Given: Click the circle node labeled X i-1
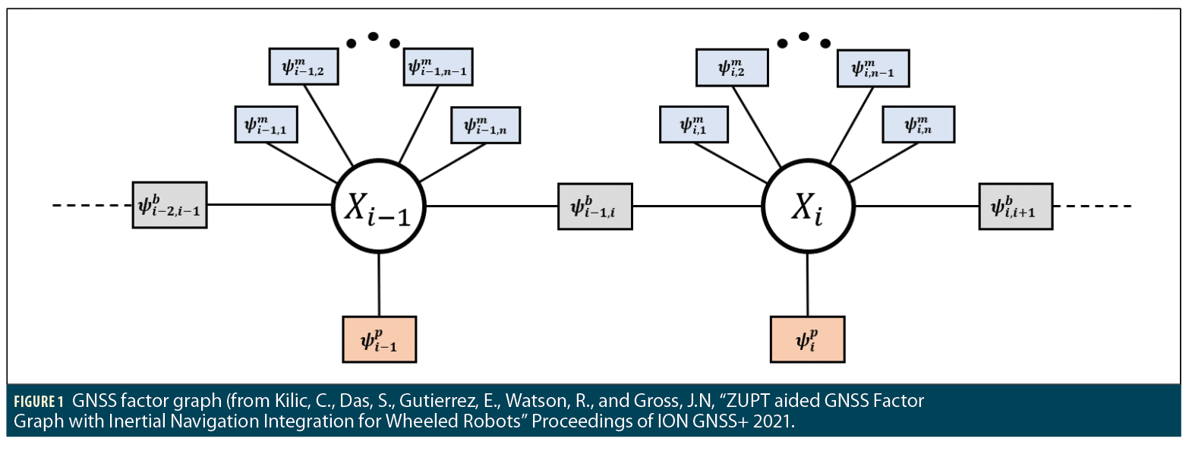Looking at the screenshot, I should tap(379, 205).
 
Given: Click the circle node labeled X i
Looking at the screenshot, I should tap(808, 205).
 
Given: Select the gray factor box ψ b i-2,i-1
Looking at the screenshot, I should tap(169, 205).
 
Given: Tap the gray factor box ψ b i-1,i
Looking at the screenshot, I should tap(595, 205).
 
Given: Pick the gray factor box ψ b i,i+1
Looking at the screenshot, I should tap(1016, 205).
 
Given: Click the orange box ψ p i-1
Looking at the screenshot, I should tap(379, 338).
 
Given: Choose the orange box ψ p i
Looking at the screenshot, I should tap(807, 338).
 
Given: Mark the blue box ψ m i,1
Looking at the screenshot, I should tap(694, 125).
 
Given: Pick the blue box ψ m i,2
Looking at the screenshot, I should tap(732, 67).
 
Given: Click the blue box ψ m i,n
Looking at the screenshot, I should tap(918, 125).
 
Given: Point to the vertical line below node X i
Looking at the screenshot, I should tap(807, 285).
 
